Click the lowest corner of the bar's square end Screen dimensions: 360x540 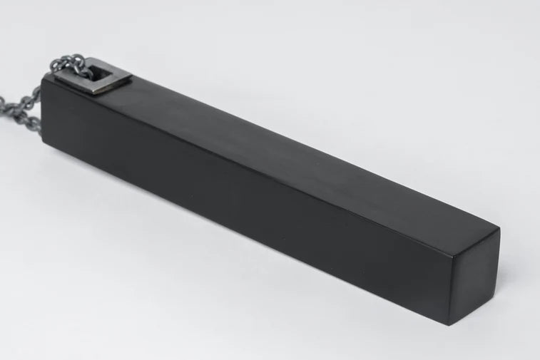457,325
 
